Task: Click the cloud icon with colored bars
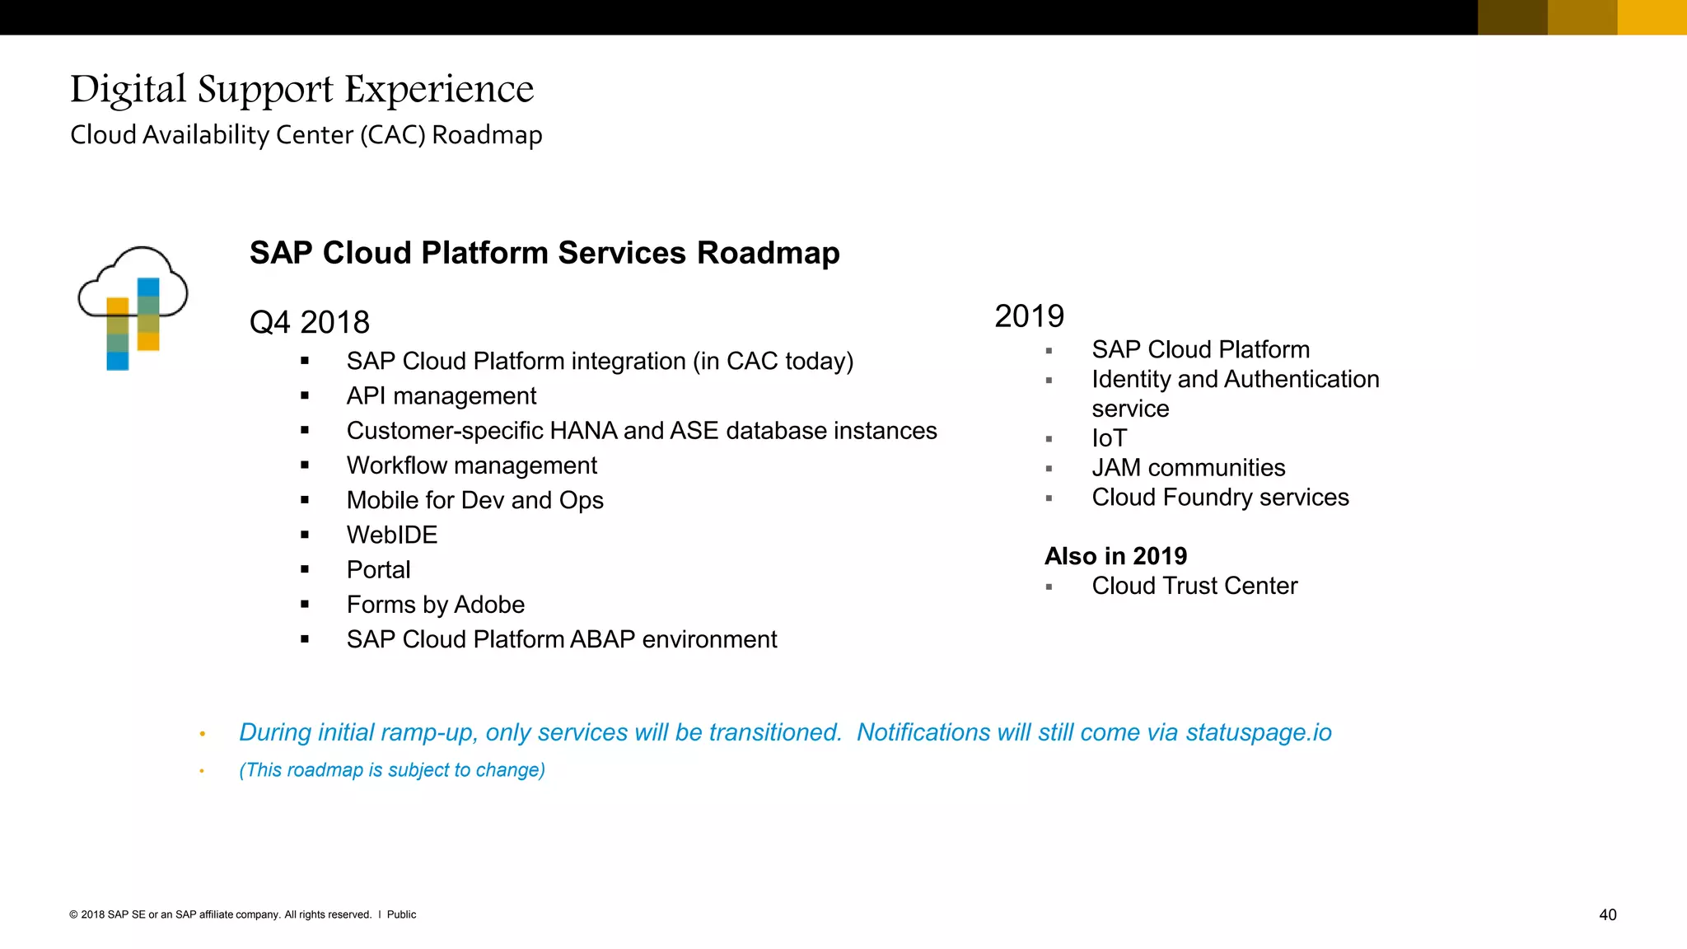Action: [133, 308]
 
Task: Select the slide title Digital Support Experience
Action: [301, 89]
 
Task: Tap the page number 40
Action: [1607, 914]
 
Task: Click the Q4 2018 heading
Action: [309, 322]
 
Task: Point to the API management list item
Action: [441, 396]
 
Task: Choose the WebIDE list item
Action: [391, 535]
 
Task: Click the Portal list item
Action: [378, 570]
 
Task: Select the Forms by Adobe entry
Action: [435, 605]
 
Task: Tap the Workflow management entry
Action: [471, 465]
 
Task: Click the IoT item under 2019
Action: [1109, 438]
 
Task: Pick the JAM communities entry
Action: [1188, 468]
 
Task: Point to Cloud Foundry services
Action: [1220, 498]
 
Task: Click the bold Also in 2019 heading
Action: [1115, 556]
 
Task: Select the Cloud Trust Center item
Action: [1194, 586]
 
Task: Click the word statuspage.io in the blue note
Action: [1258, 732]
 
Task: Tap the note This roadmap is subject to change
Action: [392, 770]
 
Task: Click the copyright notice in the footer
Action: [242, 914]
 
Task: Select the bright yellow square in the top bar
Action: [1652, 17]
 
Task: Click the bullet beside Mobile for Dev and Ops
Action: [305, 500]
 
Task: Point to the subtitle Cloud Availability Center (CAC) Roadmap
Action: [306, 135]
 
